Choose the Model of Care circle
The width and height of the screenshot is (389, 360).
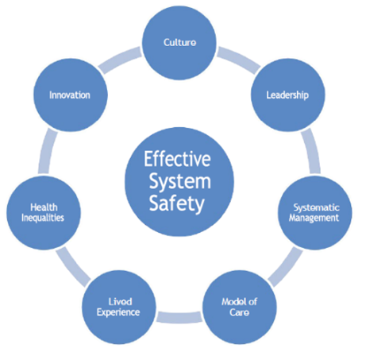240,305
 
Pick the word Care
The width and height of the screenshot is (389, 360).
240,311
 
